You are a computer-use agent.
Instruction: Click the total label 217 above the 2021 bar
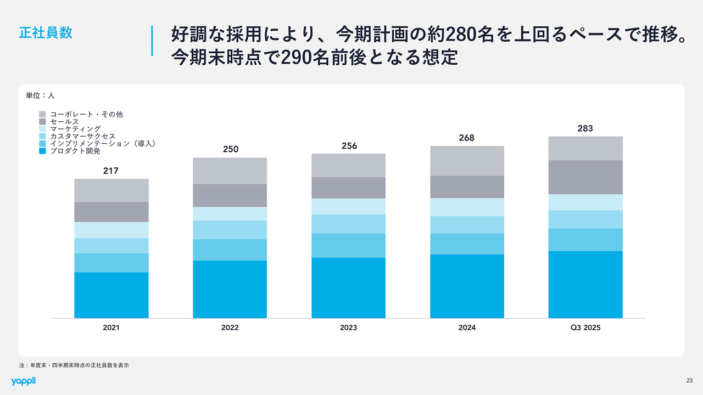point(111,171)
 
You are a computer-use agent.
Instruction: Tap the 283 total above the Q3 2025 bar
point(585,129)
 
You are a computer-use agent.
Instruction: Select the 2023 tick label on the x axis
point(348,328)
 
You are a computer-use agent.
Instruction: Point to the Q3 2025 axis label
point(585,328)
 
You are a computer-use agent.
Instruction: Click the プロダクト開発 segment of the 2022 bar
point(230,289)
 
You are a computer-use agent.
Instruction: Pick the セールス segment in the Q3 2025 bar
point(585,177)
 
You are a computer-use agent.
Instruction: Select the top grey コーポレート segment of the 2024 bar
point(467,161)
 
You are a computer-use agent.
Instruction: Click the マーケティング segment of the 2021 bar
point(111,230)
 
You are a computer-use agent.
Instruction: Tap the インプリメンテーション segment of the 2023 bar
point(348,245)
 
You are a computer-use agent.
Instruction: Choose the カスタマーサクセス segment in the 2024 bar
point(467,225)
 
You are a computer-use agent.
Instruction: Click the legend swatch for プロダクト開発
point(42,150)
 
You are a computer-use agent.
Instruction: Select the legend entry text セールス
point(64,121)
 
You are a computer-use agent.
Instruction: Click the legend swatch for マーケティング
point(42,129)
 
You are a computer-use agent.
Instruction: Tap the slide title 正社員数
point(46,32)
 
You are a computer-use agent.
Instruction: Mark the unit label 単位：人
point(40,95)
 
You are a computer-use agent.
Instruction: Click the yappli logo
point(23,381)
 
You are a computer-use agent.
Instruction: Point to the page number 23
point(689,381)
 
